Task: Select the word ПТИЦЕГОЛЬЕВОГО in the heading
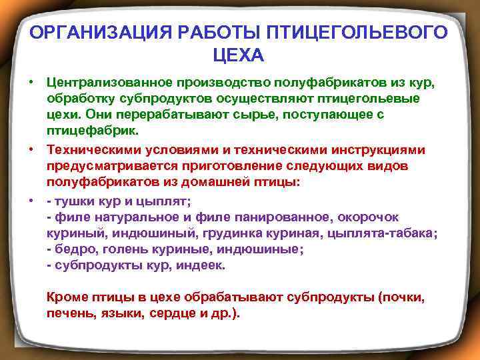pyautogui.click(x=358, y=33)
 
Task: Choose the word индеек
pyautogui.click(x=206, y=265)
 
